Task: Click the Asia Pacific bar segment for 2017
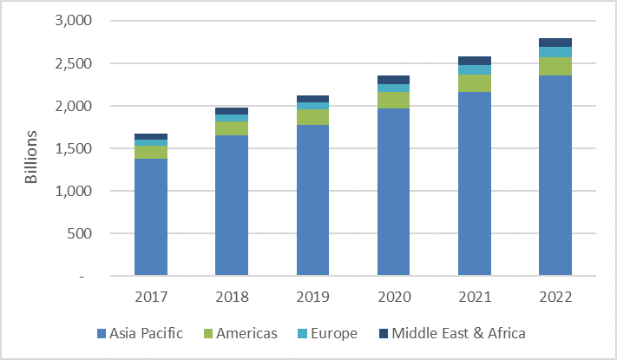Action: [x=151, y=217]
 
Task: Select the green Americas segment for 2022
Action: [x=555, y=67]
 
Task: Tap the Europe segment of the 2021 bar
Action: [x=475, y=70]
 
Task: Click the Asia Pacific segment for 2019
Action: [x=312, y=200]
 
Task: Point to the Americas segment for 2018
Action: [x=232, y=128]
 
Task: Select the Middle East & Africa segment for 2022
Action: [x=555, y=43]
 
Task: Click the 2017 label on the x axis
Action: [x=151, y=297]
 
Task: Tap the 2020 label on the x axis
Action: [x=393, y=297]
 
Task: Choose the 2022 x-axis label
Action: [x=555, y=297]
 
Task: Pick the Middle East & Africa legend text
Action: [x=459, y=333]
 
